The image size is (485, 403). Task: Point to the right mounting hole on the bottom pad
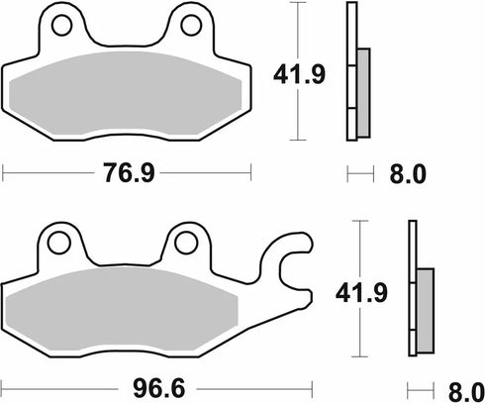[183, 241]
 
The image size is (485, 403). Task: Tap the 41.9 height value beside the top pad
[302, 72]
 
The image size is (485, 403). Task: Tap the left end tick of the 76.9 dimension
[4, 174]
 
